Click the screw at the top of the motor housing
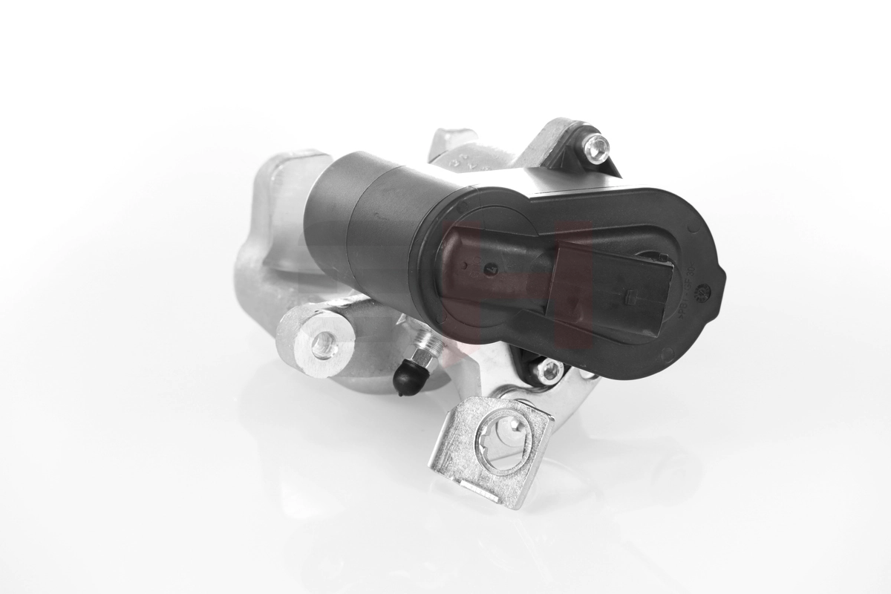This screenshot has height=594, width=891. click(x=595, y=147)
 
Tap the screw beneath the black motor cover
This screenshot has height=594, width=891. click(x=549, y=369)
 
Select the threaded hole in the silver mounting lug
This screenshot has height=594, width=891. click(x=323, y=344)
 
